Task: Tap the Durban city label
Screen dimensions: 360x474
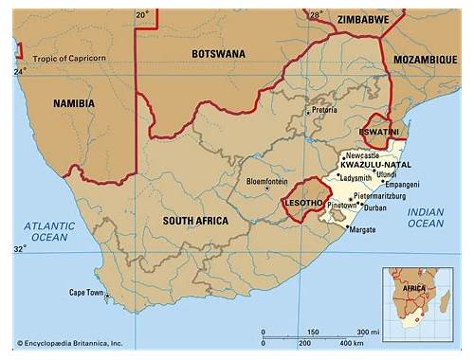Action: point(375,207)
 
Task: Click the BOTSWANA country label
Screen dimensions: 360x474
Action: point(220,53)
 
